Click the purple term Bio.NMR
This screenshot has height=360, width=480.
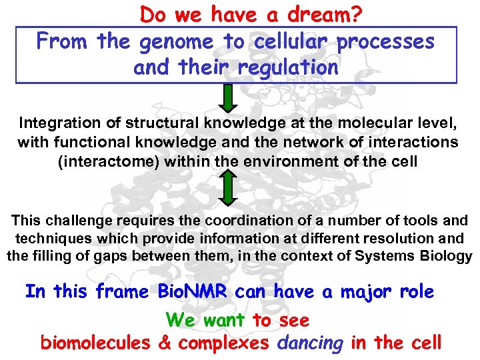[x=192, y=292]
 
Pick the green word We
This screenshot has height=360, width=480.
[x=180, y=321]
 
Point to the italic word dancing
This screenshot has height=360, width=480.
[x=309, y=343]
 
